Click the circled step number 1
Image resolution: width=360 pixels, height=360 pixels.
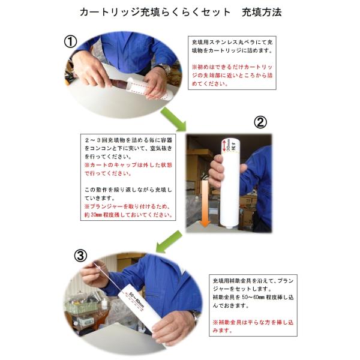point(70,42)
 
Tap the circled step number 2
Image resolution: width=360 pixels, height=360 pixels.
point(260,122)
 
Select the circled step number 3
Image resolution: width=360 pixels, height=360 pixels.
point(80,256)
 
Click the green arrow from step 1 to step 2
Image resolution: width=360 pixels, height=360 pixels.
point(173,118)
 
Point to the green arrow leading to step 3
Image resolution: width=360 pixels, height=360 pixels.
point(169,241)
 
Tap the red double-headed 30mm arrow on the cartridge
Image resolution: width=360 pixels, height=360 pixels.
point(224,145)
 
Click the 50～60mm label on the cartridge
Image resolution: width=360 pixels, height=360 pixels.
point(136,300)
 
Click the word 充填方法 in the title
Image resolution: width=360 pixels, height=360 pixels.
point(262,12)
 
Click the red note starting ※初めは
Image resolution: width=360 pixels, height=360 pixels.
point(232,76)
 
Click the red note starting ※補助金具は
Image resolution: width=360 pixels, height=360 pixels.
point(253,326)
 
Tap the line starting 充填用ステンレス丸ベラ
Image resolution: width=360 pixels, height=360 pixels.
point(232,42)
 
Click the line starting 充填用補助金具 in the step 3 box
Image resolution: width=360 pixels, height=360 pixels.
point(253,281)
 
